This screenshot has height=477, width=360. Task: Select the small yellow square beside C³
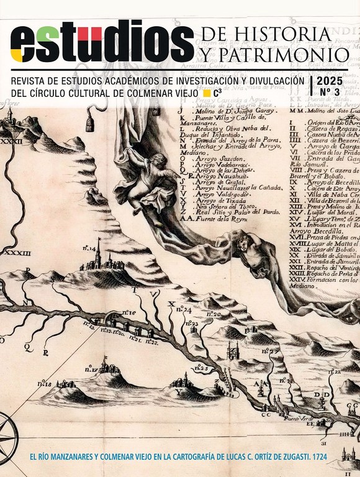pos(207,94)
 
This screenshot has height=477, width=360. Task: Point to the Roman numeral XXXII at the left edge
pos(11,141)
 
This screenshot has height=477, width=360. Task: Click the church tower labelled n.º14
pos(97,255)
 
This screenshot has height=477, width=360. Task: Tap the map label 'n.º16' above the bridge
pos(128,312)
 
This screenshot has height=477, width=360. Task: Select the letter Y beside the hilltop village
pos(179,393)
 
